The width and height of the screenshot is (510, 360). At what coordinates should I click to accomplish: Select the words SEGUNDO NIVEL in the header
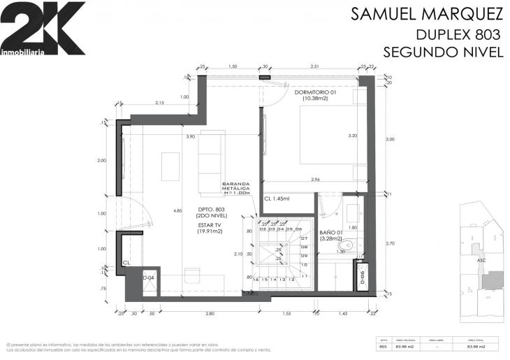pos(443,52)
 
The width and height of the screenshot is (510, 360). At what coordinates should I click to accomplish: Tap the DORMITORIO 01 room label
pos(316,92)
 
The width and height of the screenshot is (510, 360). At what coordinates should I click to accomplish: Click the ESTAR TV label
pos(210,225)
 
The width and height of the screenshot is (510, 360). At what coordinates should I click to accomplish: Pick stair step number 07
pos(305,238)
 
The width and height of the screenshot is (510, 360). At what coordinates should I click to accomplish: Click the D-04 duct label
pos(148,278)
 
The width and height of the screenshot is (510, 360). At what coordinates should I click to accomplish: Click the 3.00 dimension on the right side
pos(390,139)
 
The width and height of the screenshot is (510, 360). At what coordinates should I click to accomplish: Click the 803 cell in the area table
pos(382,346)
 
